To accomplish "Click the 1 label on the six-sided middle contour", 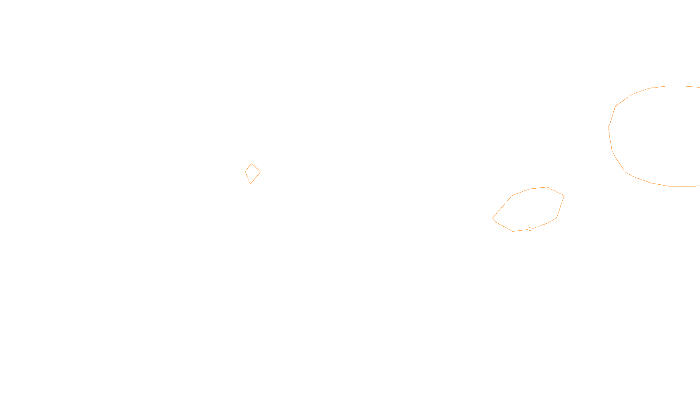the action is tap(530, 229).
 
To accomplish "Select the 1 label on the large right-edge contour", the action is tap(609, 129).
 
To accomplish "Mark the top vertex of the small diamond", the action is tap(251, 163).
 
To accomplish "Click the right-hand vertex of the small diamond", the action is tap(260, 172).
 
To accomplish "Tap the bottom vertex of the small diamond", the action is tap(250, 184).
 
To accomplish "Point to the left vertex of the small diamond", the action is tap(245, 172).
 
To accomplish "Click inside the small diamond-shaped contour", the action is tap(252, 173).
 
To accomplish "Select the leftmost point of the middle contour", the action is tap(493, 218).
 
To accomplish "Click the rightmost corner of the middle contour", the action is tap(564, 195).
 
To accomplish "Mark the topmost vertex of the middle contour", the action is tap(547, 187).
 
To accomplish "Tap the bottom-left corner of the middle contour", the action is tap(513, 231).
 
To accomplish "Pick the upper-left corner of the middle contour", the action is tap(512, 196).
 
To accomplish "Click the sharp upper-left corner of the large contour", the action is tap(616, 106).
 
